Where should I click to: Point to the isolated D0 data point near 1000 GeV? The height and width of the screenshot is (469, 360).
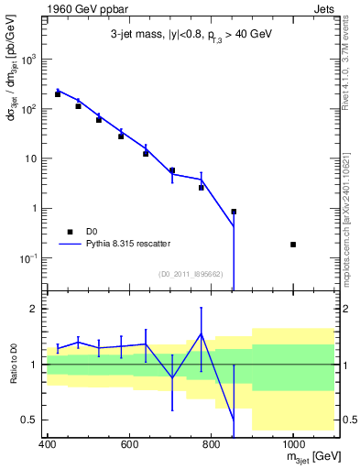[293, 245]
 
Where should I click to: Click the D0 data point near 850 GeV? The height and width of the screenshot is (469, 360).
[234, 212]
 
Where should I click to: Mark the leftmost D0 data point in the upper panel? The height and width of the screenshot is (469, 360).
[58, 94]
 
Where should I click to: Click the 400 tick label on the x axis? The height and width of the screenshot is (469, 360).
[48, 443]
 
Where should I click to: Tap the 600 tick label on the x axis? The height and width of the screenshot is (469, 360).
[129, 443]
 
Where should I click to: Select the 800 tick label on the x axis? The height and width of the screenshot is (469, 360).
[211, 443]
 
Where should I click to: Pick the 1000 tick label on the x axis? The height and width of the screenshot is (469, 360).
[292, 443]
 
